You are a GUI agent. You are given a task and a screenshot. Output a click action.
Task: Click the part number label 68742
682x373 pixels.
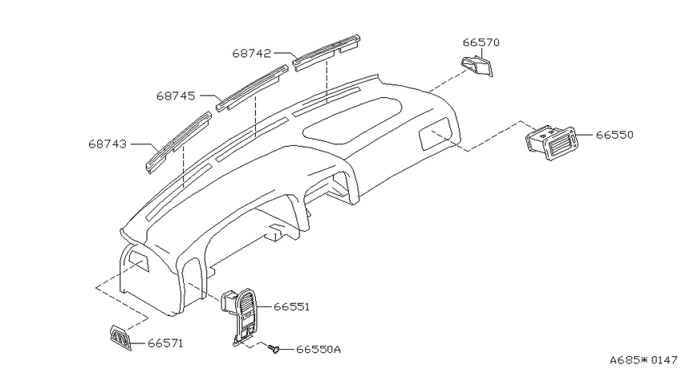[x=251, y=53]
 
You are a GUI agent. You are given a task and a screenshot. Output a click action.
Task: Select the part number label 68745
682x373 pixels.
[x=177, y=95]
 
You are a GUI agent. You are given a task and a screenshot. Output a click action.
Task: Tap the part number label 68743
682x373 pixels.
[x=108, y=144]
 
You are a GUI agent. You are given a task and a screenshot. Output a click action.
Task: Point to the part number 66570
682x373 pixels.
[x=481, y=43]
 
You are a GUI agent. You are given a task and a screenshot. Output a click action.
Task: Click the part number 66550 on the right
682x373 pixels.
[x=615, y=135]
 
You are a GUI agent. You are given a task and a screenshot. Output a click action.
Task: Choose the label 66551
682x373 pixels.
[x=292, y=306]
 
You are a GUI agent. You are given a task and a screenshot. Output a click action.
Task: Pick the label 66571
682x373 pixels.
[x=166, y=343]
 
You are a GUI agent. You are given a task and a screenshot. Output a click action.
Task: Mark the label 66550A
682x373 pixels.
[x=319, y=349]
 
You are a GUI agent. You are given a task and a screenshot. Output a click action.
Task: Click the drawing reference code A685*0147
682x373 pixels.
[x=643, y=360]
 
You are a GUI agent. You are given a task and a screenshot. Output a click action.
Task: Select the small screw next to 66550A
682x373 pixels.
[x=274, y=349]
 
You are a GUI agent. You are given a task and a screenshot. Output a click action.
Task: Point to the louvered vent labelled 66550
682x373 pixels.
[x=550, y=143]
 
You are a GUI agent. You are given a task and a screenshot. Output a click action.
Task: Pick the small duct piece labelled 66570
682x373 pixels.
[x=477, y=66]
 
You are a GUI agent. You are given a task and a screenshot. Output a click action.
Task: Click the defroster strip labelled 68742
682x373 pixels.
[x=327, y=53]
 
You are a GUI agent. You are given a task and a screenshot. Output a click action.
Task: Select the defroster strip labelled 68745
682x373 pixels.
[x=253, y=88]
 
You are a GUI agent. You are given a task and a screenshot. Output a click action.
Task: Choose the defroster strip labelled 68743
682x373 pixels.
[x=178, y=142]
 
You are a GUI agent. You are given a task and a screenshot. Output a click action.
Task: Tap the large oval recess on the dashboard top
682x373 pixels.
[x=352, y=120]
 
